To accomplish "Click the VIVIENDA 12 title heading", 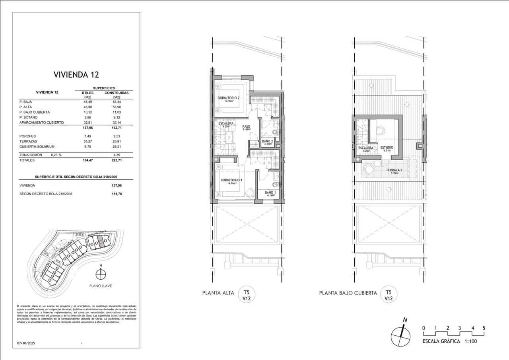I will [x=76, y=74].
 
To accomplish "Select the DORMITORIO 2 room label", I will [x=228, y=98].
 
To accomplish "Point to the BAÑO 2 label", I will [x=267, y=141].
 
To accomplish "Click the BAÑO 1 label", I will [x=270, y=193].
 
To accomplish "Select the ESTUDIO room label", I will [x=387, y=148].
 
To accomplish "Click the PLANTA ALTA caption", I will [x=218, y=293].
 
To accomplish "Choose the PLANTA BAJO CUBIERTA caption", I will [x=348, y=293].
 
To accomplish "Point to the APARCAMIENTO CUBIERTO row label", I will [x=41, y=123].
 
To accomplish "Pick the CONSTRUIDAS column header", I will [x=117, y=93].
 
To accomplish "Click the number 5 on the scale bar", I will [x=484, y=328].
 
